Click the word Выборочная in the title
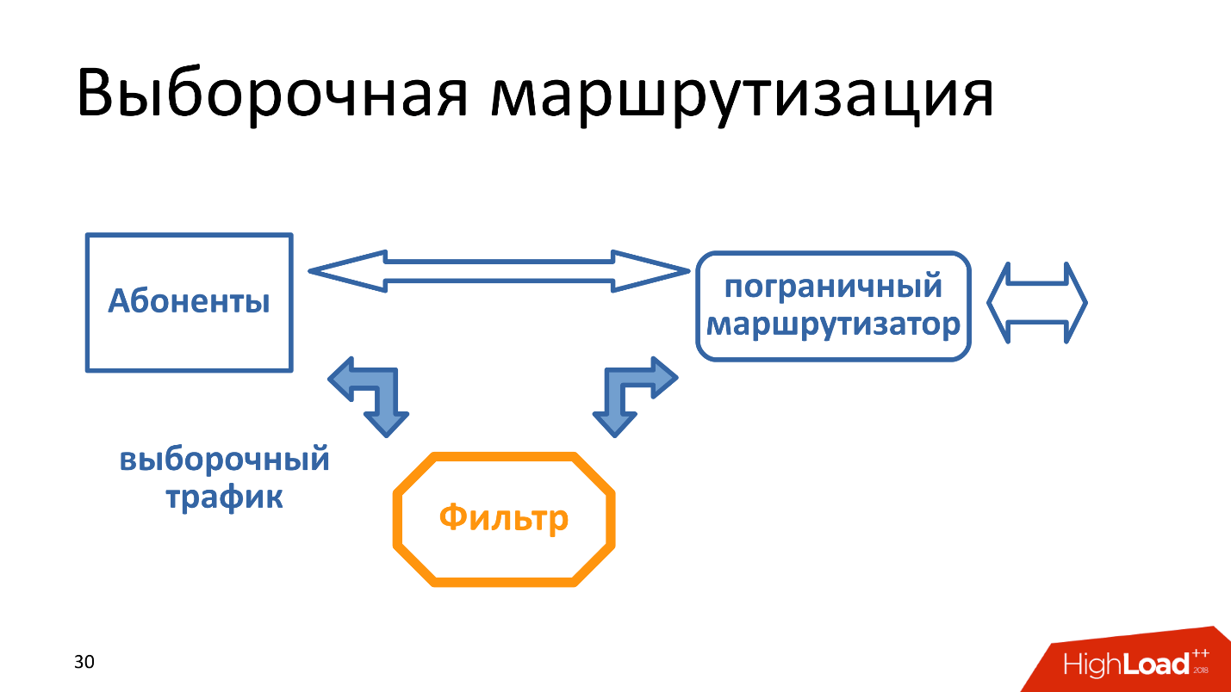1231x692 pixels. (272, 94)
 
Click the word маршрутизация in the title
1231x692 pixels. (743, 94)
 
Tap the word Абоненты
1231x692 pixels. (189, 302)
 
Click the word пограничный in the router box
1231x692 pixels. (833, 287)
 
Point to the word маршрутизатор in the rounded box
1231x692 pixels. (833, 325)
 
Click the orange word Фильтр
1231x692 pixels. (504, 518)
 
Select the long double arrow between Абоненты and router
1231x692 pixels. (499, 272)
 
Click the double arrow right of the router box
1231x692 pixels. (1037, 303)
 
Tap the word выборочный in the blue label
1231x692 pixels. (224, 459)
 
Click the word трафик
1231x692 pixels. (224, 497)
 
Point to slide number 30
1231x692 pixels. (84, 662)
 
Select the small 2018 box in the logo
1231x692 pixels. (1201, 669)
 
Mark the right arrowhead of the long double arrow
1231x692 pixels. (652, 272)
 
